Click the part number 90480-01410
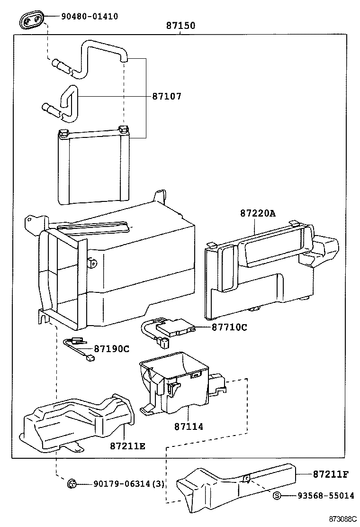pos(89,17)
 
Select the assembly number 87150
pos(180,27)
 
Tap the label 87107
pos(167,97)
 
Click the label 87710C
pos(229,327)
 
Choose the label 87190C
pos(111,349)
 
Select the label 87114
pos(188,427)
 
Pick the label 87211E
pos(127,446)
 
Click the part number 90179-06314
pos(122,484)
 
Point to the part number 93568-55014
pos(325,496)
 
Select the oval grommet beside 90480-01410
pos(32,20)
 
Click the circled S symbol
pos(278,496)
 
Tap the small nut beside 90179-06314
pos(72,483)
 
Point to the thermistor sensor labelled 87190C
pos(79,348)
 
